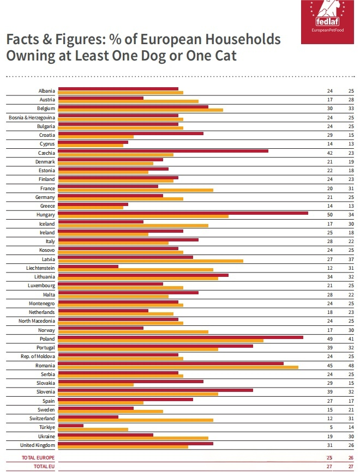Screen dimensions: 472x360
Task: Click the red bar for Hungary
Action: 183,213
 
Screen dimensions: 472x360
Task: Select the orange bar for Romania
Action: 178,367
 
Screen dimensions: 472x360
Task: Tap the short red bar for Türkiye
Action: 70,425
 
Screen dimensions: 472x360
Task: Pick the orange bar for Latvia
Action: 151,261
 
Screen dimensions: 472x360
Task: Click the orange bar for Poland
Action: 160,341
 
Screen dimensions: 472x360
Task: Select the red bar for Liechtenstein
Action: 88,266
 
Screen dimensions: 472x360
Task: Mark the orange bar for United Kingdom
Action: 123,447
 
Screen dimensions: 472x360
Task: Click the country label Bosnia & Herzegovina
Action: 32,118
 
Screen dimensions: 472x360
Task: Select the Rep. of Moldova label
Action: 38,356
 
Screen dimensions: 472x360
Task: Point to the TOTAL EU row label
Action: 44,467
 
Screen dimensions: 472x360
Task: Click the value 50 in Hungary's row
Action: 329,215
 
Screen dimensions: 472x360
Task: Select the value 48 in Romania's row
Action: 351,365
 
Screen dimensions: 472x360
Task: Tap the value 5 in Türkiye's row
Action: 331,427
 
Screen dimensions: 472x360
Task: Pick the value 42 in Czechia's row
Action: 329,153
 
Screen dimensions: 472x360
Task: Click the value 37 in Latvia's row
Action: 351,259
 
